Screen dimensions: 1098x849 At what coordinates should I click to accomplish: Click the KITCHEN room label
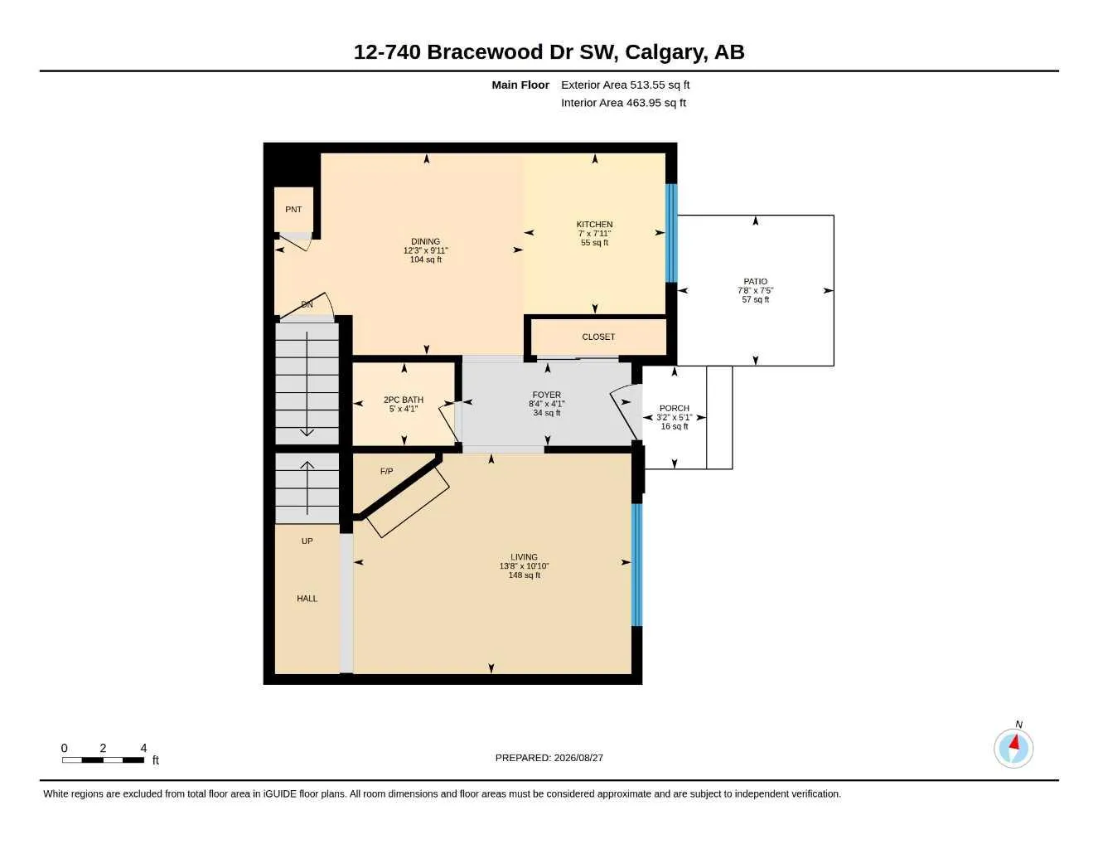(594, 225)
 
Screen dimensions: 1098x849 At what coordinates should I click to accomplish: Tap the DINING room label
(425, 241)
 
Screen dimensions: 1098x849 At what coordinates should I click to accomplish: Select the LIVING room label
(524, 557)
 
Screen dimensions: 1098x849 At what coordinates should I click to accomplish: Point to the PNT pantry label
(293, 209)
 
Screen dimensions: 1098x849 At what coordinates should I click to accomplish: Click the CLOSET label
(598, 337)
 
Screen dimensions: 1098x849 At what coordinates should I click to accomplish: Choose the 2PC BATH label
(404, 400)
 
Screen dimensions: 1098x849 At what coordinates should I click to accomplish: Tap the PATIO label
(755, 282)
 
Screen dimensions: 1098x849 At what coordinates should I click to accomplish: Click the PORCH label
(674, 408)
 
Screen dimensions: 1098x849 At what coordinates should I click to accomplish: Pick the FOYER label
(546, 395)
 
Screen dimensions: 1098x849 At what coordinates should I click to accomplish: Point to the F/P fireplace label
(386, 471)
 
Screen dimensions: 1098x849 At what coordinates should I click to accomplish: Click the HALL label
(307, 599)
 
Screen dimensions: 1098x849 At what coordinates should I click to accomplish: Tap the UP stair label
(307, 541)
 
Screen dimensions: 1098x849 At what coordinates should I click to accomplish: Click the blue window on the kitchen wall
(671, 233)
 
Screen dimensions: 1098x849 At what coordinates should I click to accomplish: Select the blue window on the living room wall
(637, 565)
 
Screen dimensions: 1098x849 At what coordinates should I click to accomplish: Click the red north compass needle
(1014, 742)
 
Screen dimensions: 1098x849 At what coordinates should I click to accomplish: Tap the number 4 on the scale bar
(143, 748)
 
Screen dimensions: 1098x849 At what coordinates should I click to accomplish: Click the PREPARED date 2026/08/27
(578, 758)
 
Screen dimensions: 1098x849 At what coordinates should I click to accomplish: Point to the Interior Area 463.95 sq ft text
(623, 103)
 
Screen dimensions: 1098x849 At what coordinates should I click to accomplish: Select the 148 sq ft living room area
(524, 575)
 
